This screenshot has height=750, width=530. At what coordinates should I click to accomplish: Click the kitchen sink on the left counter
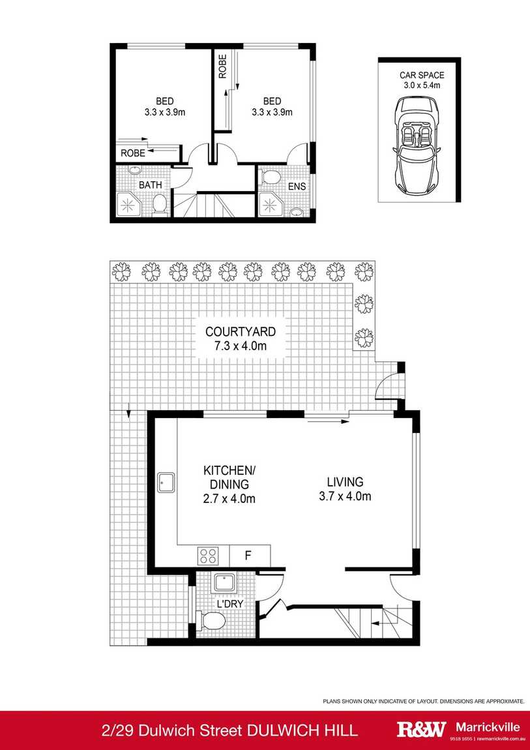click(x=166, y=483)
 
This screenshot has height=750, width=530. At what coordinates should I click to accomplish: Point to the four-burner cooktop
click(x=208, y=556)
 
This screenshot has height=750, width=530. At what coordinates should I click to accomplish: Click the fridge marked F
click(x=248, y=556)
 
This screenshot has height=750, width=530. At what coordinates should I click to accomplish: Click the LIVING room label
click(x=345, y=482)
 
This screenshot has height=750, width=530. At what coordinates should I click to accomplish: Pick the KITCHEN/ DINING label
click(x=228, y=477)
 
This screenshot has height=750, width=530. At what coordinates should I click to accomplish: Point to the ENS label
click(x=297, y=187)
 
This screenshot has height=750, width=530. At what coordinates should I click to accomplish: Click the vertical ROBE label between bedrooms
click(x=222, y=67)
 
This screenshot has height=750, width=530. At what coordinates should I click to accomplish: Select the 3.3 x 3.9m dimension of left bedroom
click(x=165, y=112)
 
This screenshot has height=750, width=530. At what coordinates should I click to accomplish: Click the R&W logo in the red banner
click(x=421, y=730)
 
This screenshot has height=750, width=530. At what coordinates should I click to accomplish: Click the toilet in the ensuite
click(x=271, y=176)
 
